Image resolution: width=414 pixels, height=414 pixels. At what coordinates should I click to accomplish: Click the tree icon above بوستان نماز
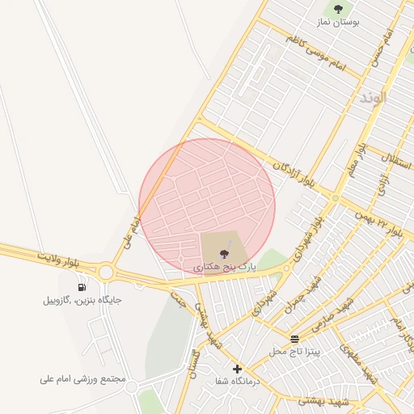(x=338, y=10)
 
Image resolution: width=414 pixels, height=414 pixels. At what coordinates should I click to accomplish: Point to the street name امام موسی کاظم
(x=315, y=53)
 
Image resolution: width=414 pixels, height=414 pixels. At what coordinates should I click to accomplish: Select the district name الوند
(x=373, y=97)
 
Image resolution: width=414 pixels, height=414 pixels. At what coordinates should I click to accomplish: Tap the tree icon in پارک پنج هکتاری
(x=224, y=254)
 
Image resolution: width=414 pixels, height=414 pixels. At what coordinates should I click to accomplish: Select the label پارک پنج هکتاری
(x=225, y=265)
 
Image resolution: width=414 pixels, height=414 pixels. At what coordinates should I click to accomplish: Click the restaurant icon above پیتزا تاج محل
(x=295, y=339)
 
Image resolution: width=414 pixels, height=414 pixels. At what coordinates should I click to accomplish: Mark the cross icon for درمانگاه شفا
(x=237, y=370)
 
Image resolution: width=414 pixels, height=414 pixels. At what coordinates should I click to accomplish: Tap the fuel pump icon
(x=82, y=286)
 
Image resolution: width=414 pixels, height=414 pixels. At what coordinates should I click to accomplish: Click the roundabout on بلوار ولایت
(x=106, y=272)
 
